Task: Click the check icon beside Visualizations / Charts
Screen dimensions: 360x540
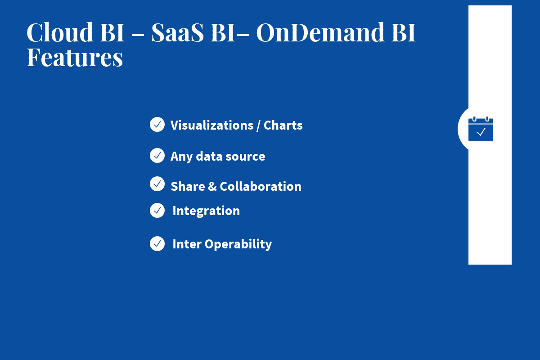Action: (x=157, y=125)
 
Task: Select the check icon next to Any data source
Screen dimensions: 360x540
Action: (x=157, y=156)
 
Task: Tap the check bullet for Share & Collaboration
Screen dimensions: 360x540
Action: (x=157, y=184)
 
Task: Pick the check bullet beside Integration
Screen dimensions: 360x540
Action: (x=157, y=210)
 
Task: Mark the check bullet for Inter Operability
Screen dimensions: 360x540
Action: (x=157, y=243)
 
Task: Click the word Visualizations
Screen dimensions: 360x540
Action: (x=211, y=125)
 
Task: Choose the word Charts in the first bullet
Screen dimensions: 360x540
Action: (x=283, y=125)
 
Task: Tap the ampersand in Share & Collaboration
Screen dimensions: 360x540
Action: (x=212, y=186)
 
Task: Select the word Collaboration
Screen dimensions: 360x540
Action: (x=261, y=186)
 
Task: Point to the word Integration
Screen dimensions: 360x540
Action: (x=206, y=211)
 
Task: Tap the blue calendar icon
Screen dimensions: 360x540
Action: (x=481, y=129)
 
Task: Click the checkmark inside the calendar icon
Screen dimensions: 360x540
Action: (x=481, y=132)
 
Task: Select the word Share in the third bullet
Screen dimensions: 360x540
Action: (x=188, y=186)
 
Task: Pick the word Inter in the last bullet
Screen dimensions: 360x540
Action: (x=187, y=244)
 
